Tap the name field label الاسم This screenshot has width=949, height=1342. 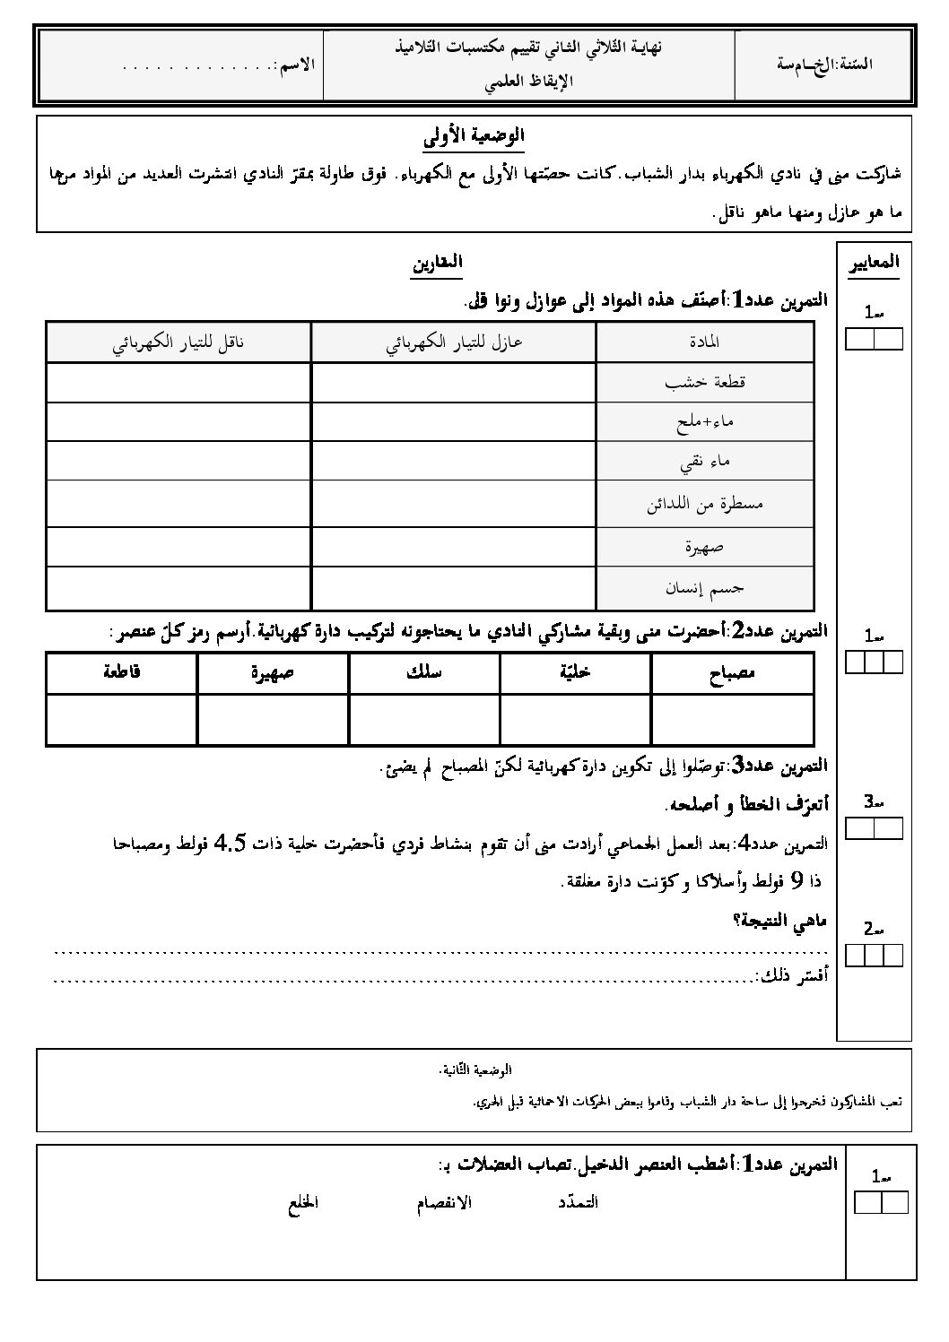coord(297,65)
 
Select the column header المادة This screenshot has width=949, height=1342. coord(705,342)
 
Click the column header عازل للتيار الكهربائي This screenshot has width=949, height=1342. coord(454,342)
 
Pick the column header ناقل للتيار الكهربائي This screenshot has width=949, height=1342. coord(178,342)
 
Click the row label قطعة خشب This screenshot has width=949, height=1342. coord(705,382)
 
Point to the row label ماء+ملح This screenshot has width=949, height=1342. coord(705,422)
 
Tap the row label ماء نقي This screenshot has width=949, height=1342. coord(705,461)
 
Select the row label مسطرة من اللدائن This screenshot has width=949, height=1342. coord(705,503)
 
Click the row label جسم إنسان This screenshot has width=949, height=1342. coord(705,588)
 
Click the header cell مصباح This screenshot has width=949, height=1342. coord(732,673)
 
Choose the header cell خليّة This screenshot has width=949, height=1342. coord(575,673)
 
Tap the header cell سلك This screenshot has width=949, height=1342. coord(423,673)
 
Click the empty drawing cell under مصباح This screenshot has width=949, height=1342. coord(732,719)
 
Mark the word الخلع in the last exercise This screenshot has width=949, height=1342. coord(303,1202)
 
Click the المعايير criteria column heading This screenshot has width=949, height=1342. coord(873,262)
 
